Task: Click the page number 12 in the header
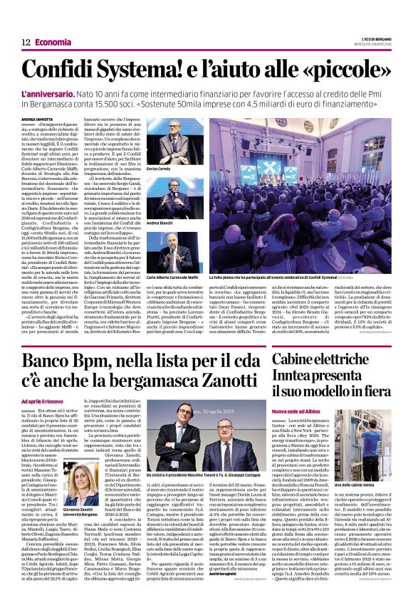pyautogui.click(x=25, y=43)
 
